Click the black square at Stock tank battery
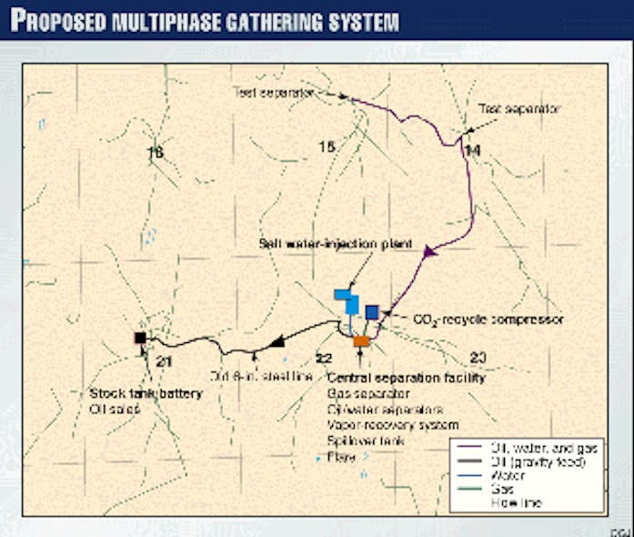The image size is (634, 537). click(x=140, y=338)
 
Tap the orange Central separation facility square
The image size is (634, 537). click(x=361, y=341)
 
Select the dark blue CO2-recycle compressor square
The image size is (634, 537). click(x=371, y=312)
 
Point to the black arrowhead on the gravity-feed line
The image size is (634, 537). click(x=276, y=341)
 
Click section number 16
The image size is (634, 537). click(x=156, y=154)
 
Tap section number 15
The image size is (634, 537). click(x=327, y=147)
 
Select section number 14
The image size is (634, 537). click(x=471, y=150)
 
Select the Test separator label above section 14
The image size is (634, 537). click(x=520, y=108)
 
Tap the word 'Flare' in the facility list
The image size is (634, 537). click(x=341, y=457)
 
